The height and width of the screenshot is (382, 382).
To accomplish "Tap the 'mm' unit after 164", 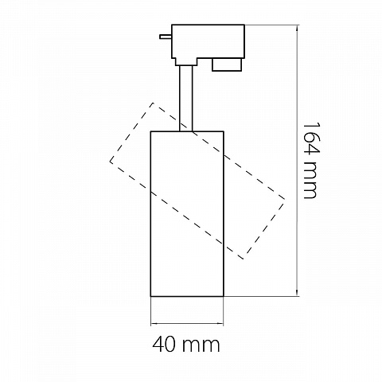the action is (x=310, y=181).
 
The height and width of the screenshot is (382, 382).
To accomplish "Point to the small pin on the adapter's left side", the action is (x=166, y=37).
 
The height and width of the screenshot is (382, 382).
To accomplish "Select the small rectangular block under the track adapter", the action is (x=227, y=64).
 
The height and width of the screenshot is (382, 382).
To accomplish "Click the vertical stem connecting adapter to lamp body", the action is (x=186, y=98).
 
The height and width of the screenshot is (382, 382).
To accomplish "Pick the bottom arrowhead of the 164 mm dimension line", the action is (x=297, y=293).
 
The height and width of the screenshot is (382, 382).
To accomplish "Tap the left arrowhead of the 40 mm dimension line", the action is (x=154, y=323).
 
